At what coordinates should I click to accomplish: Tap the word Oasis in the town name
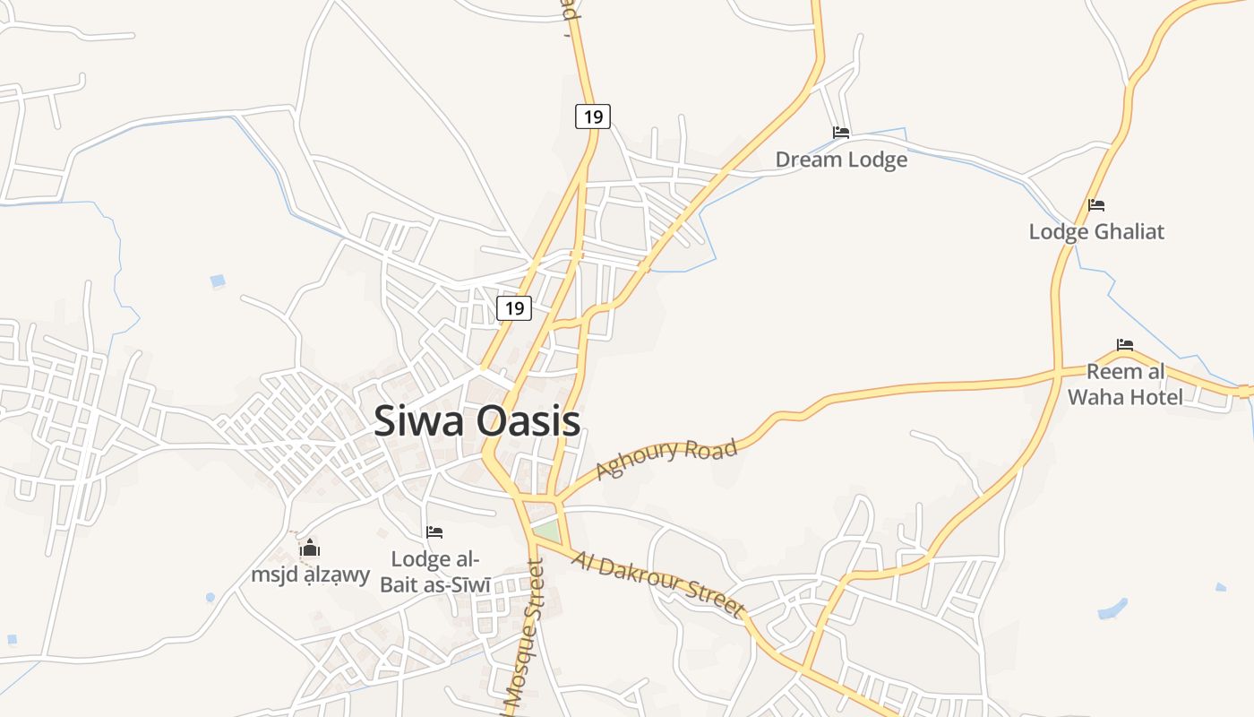[x=528, y=421]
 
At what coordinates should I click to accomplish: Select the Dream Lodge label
[x=841, y=160]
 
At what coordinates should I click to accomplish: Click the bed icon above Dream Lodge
[x=841, y=133]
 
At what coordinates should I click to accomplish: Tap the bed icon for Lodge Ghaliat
[x=1096, y=205]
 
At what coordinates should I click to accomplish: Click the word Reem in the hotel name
[x=1114, y=371]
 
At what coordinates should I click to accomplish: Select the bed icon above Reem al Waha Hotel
[x=1125, y=344]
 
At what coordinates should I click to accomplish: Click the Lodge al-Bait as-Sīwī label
[x=435, y=572]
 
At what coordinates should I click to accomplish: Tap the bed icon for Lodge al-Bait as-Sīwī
[x=434, y=532]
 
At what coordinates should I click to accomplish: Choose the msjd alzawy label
[x=310, y=574]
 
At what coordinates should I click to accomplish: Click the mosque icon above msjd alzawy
[x=310, y=548]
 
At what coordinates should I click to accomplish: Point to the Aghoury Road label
[x=666, y=458]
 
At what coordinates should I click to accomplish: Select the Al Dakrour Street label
[x=658, y=585]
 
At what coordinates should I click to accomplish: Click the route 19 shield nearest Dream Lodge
[x=592, y=117]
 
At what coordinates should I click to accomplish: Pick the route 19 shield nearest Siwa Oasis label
[x=514, y=308]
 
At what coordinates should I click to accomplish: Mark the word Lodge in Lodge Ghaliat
[x=1057, y=231]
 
